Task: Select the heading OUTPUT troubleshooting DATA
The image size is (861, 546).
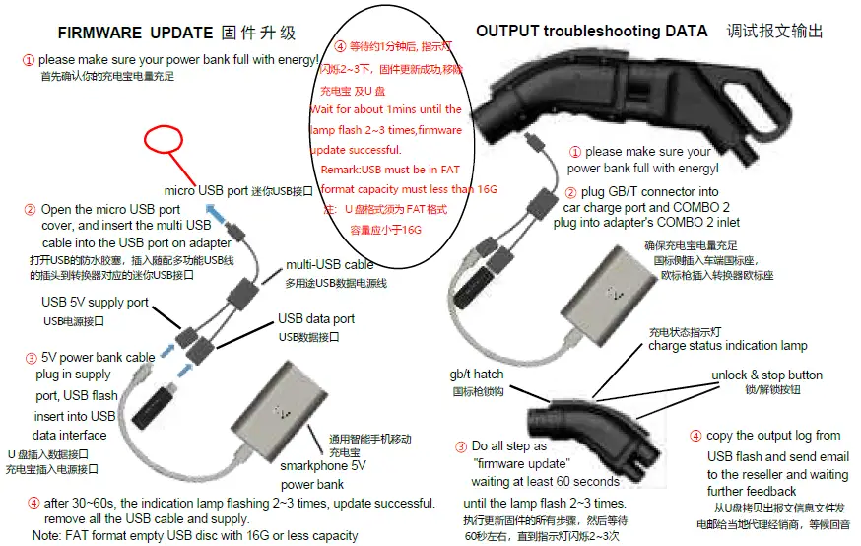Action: pos(591,31)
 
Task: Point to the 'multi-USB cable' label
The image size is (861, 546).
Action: pos(330,265)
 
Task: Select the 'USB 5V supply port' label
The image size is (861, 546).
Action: pos(95,303)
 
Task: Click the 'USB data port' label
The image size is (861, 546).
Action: pos(316,319)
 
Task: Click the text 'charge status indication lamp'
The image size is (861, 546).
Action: pos(727,346)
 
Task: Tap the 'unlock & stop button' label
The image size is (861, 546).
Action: pos(766,375)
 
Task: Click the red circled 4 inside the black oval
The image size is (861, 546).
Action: pos(340,45)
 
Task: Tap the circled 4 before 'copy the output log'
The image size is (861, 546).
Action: pos(695,436)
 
